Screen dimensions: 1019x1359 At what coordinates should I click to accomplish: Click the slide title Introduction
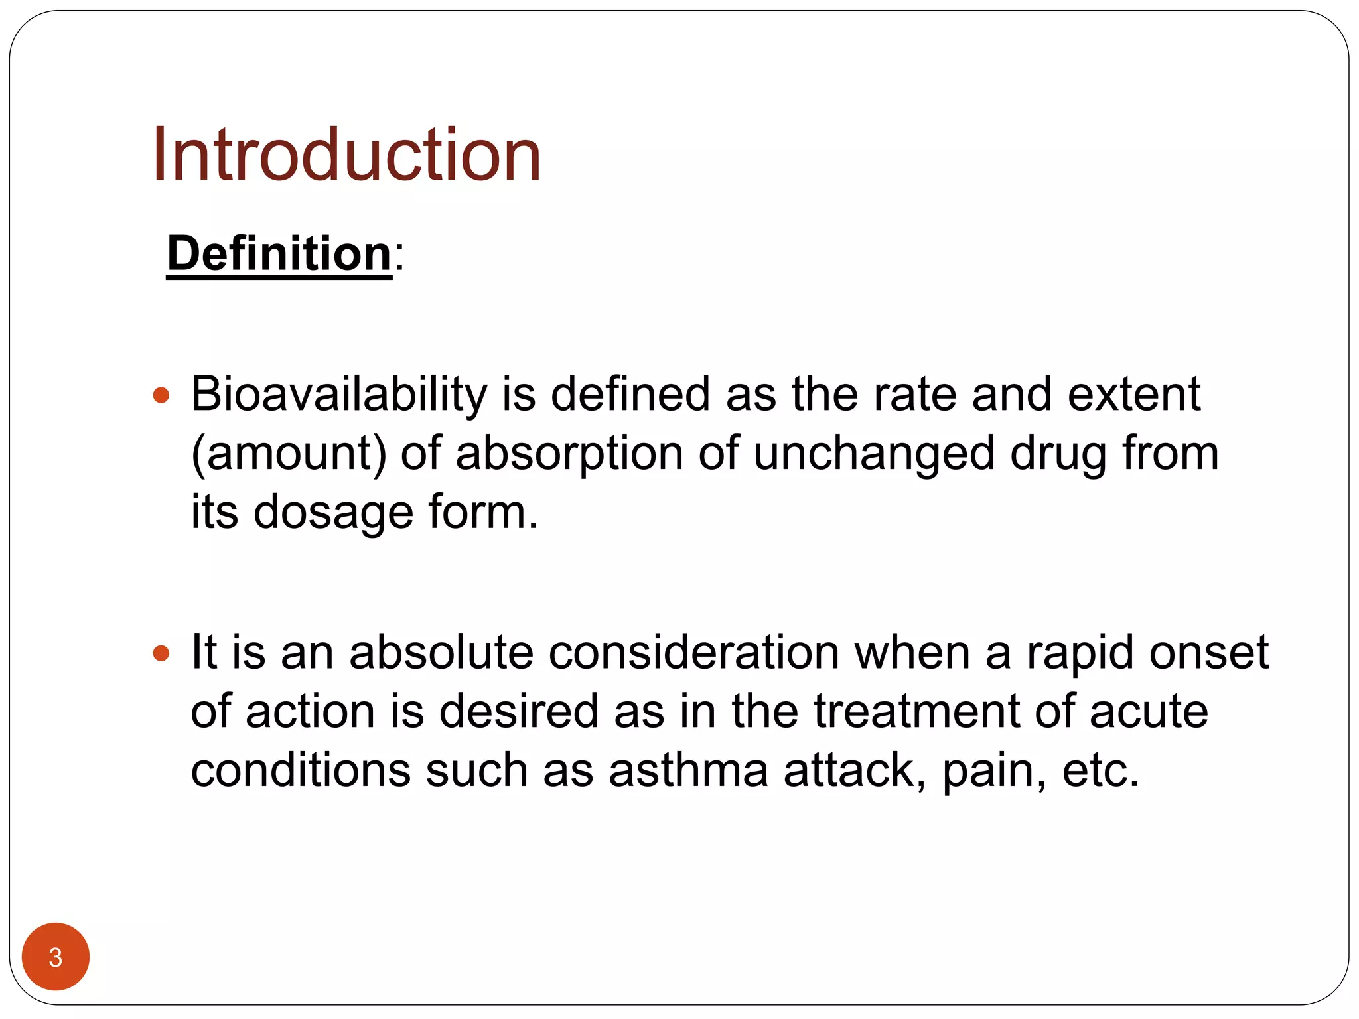pos(346,155)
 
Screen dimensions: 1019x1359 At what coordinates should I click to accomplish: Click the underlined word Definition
pos(279,253)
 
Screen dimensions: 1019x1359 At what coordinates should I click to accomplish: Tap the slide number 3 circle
pos(56,957)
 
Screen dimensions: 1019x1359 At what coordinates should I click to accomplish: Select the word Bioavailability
pos(339,394)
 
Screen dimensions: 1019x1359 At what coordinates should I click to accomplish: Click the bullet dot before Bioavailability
pos(161,396)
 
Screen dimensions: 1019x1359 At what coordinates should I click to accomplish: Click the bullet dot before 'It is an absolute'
pos(161,654)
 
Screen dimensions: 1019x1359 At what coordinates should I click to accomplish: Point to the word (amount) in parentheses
pos(289,454)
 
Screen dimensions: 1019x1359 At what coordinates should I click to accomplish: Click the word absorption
pos(569,454)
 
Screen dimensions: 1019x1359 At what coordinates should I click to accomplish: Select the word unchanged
pos(874,454)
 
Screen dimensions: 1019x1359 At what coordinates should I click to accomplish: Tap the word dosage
pos(333,512)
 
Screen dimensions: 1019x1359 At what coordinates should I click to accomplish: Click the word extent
pos(1134,394)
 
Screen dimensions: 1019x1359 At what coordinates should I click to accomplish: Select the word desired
pos(518,711)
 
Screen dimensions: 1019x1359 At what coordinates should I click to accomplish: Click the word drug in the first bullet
pos(1058,454)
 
